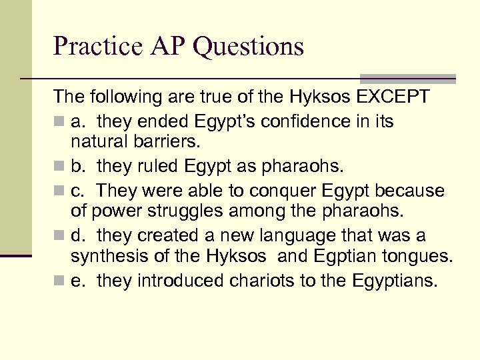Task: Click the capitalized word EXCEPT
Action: tap(394, 97)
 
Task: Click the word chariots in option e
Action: tap(257, 281)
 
